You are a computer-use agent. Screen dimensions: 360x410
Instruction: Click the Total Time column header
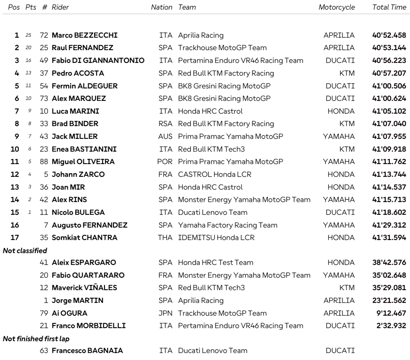pyautogui.click(x=389, y=7)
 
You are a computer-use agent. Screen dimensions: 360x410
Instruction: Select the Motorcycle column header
pyautogui.click(x=337, y=7)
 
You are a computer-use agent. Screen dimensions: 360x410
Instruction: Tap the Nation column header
pyautogui.click(x=162, y=7)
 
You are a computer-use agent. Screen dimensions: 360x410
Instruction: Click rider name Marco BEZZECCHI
pyautogui.click(x=85, y=35)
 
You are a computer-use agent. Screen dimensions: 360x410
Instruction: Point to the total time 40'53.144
pyautogui.click(x=389, y=48)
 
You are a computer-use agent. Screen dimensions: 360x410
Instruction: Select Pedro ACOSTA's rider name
pyautogui.click(x=78, y=73)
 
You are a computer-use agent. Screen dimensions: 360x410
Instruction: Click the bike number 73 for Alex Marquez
pyautogui.click(x=44, y=98)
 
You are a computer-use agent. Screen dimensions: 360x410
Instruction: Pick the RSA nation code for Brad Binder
pyautogui.click(x=165, y=124)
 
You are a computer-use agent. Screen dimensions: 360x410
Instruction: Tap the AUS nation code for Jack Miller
pyautogui.click(x=165, y=136)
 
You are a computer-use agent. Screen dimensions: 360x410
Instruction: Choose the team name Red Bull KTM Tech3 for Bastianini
pyautogui.click(x=211, y=149)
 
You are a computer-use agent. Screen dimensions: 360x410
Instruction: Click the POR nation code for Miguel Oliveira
pyautogui.click(x=165, y=161)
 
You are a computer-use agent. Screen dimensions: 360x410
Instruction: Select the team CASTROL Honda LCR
pyautogui.click(x=215, y=174)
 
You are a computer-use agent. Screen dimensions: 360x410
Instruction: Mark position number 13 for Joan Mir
pyautogui.click(x=15, y=187)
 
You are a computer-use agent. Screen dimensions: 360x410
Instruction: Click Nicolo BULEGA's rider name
pyautogui.click(x=78, y=212)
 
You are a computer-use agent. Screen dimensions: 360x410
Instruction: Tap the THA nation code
pyautogui.click(x=165, y=237)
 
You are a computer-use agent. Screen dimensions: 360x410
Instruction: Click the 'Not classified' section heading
pyautogui.click(x=25, y=251)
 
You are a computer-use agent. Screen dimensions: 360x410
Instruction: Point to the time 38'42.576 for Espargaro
pyautogui.click(x=389, y=262)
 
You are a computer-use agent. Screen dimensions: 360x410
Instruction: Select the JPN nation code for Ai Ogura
pyautogui.click(x=165, y=313)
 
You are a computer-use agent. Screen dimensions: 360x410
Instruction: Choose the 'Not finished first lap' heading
pyautogui.click(x=36, y=338)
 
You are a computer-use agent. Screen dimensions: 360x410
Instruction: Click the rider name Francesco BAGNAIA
pyautogui.click(x=87, y=350)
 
